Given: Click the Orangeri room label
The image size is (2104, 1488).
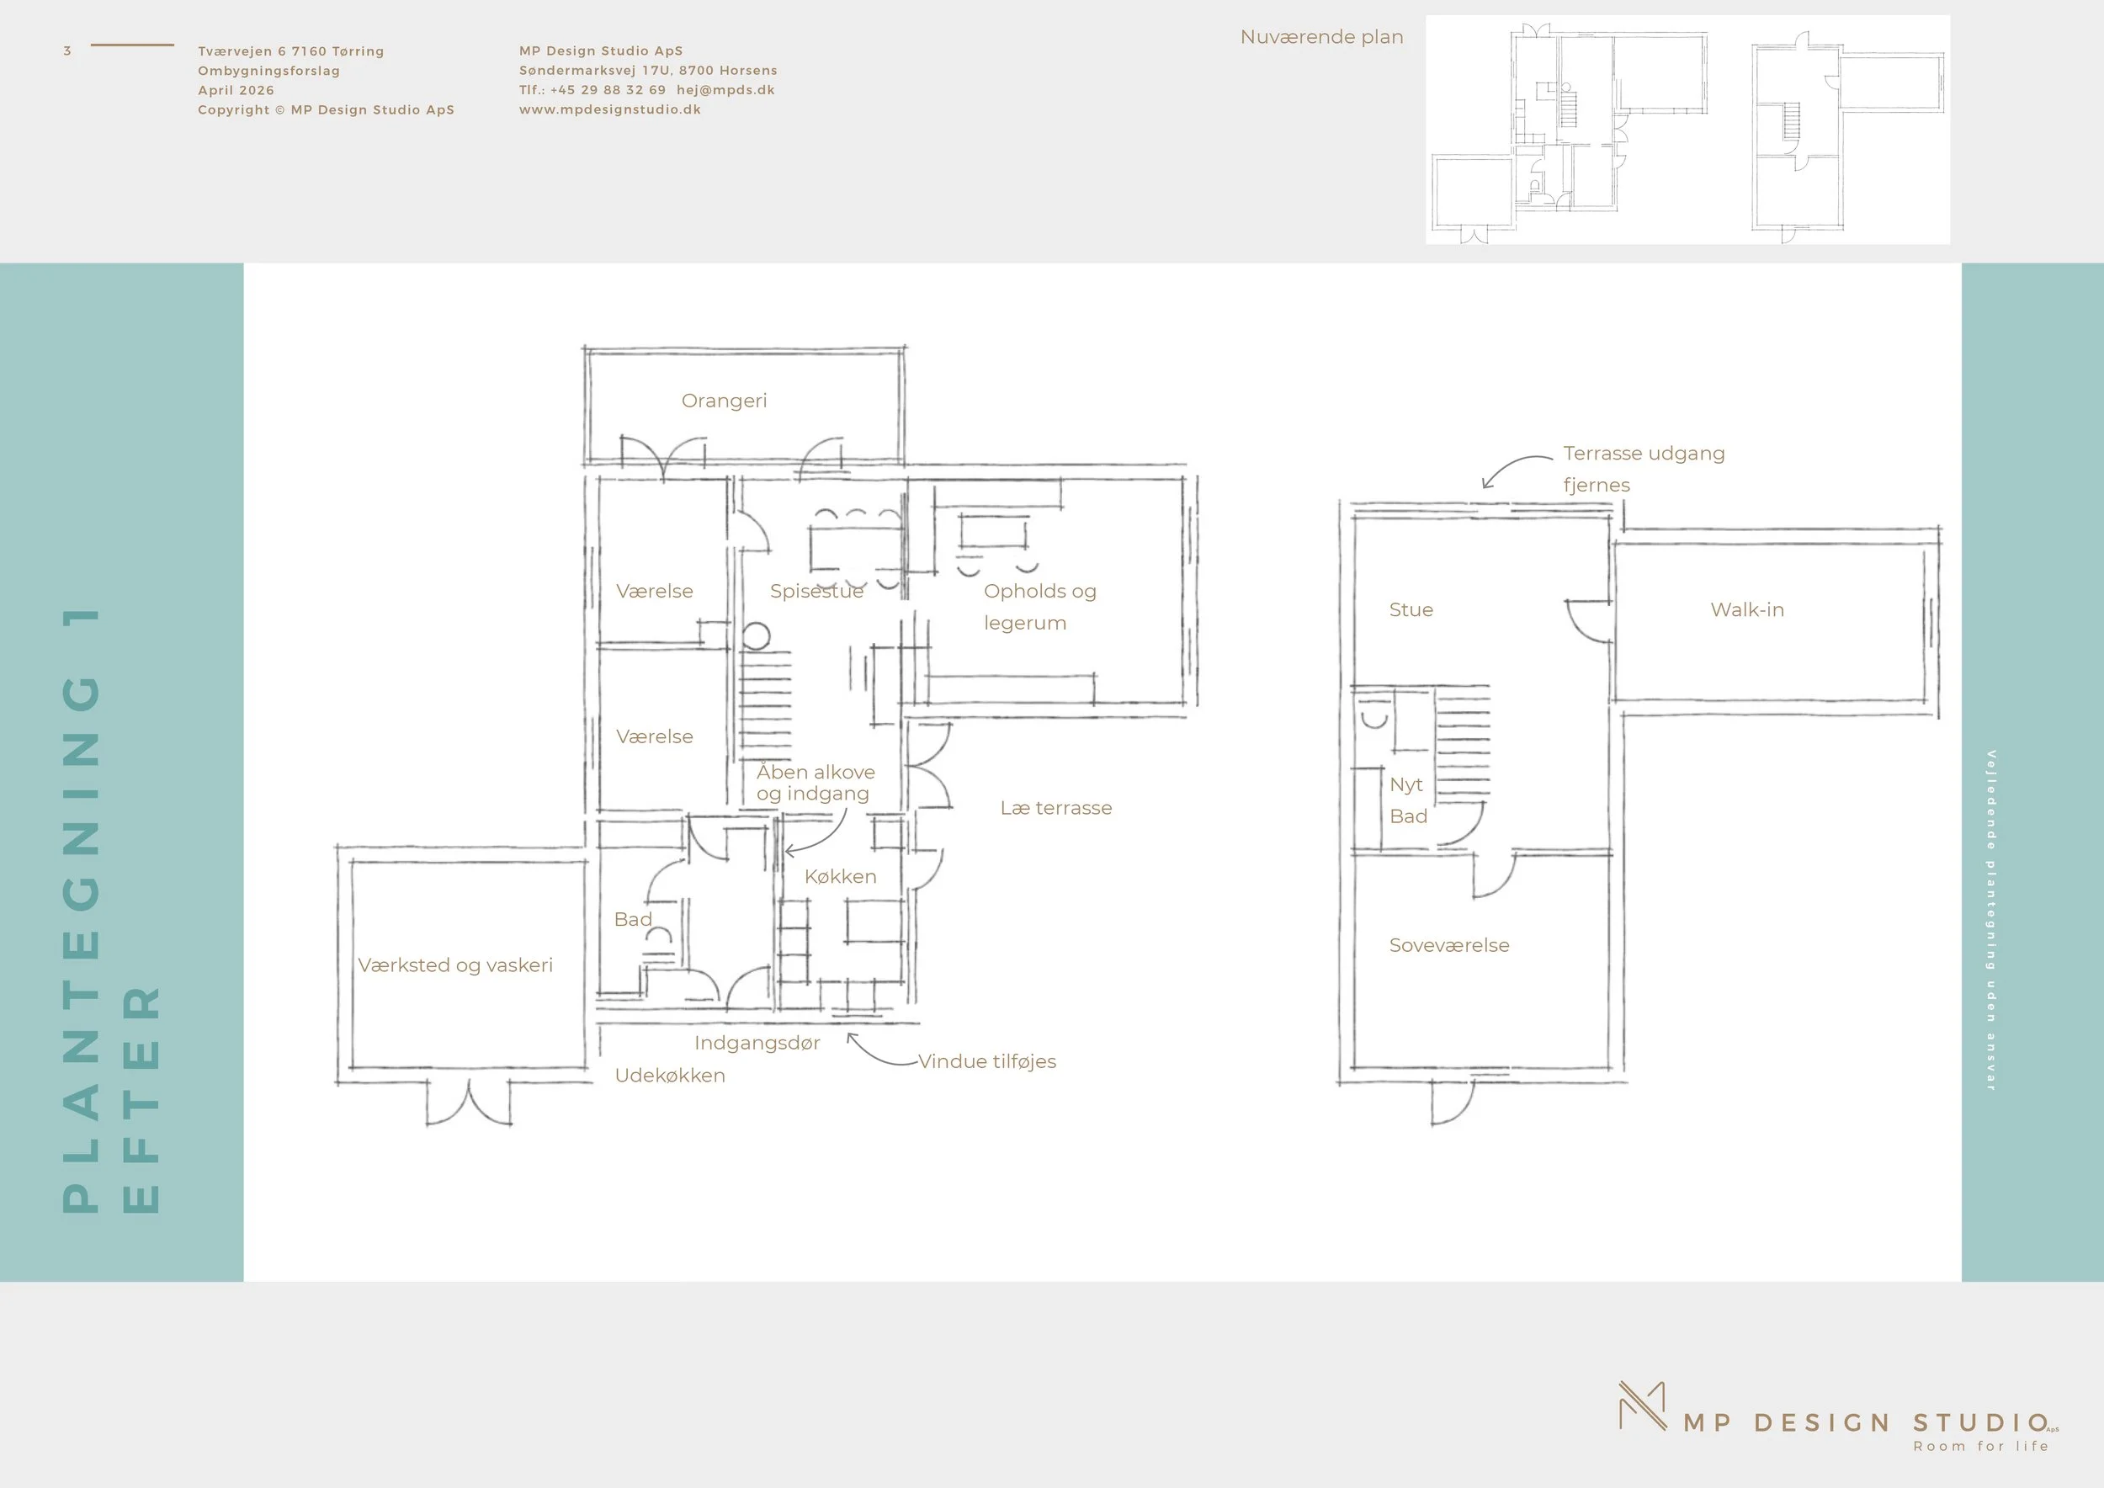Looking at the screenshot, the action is pos(724,401).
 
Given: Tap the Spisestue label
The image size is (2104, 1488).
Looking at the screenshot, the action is pos(816,591).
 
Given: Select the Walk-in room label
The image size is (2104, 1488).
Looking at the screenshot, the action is pos(1746,609).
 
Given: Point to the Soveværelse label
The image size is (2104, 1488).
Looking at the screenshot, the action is pos(1448,944).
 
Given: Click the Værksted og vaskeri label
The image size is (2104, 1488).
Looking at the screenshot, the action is pos(455,965).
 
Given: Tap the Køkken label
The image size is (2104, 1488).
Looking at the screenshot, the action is pos(840,876).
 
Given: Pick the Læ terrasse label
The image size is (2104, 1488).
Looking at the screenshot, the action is pos(1055,807).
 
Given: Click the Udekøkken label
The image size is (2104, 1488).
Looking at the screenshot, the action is pos(670,1075).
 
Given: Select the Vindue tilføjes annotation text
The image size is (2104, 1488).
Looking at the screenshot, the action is pos(987,1061).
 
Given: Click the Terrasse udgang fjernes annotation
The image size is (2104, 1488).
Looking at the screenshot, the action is pos(1644,469).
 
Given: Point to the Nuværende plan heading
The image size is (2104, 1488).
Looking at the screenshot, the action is pos(1321,37).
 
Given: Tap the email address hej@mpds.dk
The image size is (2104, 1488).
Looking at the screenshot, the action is pos(725,90).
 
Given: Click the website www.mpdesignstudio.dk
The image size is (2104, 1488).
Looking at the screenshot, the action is pos(610,109).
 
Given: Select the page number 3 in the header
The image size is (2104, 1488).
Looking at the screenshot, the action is pos(66,50).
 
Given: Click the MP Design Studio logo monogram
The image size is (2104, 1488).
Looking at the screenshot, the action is pos(1642,1406).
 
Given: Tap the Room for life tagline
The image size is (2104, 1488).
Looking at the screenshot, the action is pos(1980,1446).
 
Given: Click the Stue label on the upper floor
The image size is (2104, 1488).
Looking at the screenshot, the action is pos(1411,609).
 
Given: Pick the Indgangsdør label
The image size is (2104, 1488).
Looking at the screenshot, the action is pos(757,1043).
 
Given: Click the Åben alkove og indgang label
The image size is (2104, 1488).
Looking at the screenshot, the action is pos(816,783).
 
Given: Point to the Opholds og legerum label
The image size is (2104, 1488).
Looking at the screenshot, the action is pos(1040,607).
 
